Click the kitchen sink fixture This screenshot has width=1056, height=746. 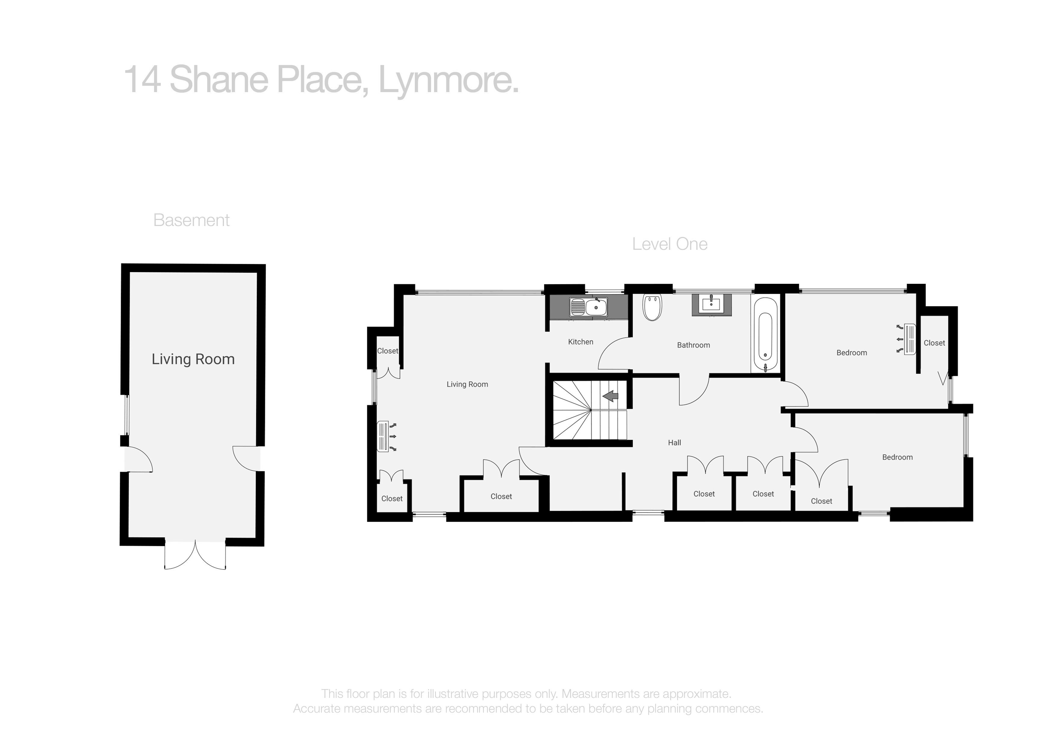click(589, 307)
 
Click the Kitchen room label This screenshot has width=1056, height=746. click(580, 342)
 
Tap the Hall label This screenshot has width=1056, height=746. click(674, 443)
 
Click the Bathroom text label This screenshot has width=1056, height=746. click(693, 345)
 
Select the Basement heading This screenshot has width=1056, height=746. click(191, 220)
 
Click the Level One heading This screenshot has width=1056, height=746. click(670, 244)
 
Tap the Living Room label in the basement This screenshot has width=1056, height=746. click(193, 359)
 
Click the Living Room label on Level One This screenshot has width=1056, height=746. click(467, 384)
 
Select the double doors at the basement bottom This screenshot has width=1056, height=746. click(195, 555)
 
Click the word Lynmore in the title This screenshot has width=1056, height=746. click(449, 80)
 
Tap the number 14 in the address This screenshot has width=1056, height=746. click(143, 79)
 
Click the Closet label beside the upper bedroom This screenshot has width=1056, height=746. click(934, 343)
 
